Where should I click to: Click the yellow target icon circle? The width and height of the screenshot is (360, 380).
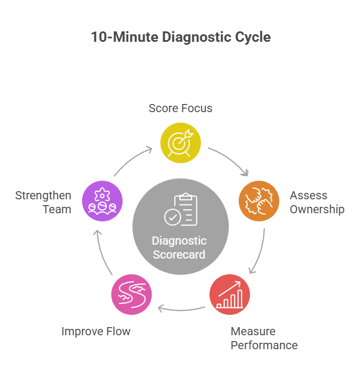point(181,142)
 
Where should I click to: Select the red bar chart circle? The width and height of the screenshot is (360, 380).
point(229,295)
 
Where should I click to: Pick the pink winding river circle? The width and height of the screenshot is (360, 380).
point(131,295)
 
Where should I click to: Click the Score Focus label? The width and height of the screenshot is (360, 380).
point(181,108)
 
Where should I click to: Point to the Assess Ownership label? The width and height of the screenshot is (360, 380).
point(317,202)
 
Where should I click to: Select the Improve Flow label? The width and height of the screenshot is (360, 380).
point(96,331)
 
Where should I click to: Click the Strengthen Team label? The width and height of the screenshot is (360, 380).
point(43,202)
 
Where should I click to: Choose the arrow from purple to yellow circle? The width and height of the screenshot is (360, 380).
point(132,160)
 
